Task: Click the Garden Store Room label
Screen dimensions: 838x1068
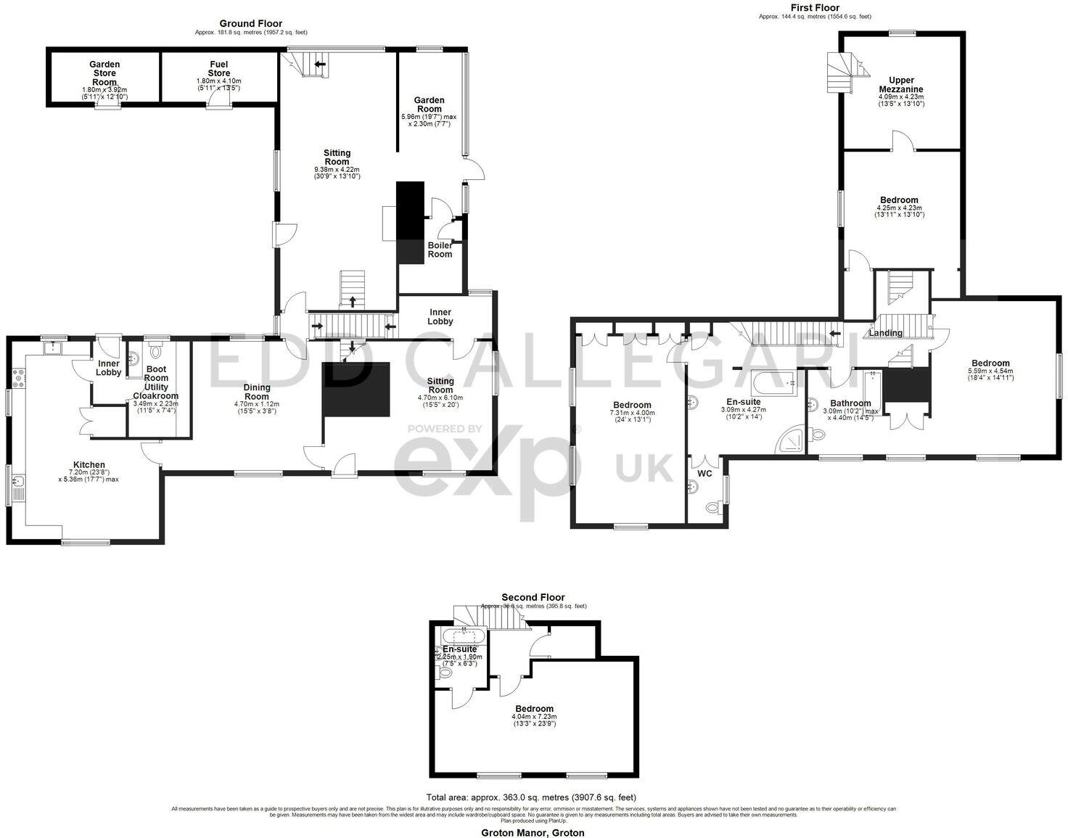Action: [104, 73]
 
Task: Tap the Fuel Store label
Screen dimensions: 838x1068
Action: [219, 69]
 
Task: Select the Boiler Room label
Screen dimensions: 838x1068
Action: [440, 250]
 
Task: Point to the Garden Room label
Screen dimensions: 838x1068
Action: [429, 104]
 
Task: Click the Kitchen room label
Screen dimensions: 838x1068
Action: [89, 465]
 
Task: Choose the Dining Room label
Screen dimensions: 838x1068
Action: [256, 392]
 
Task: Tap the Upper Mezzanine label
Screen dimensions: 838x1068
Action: [901, 85]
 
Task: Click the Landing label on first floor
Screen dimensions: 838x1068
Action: [885, 333]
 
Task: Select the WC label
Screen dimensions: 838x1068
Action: [705, 474]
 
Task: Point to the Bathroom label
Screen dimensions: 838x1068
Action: [850, 403]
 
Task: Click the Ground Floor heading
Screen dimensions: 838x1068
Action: [251, 24]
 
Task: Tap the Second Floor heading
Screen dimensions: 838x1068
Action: [533, 598]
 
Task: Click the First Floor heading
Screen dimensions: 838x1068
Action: [815, 8]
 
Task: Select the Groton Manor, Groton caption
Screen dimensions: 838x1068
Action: [533, 833]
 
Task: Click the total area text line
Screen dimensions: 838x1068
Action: [532, 797]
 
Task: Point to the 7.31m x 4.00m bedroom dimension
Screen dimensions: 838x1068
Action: [632, 413]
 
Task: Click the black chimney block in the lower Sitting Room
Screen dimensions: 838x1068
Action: [357, 389]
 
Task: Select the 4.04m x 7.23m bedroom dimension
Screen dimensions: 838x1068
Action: [534, 718]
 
